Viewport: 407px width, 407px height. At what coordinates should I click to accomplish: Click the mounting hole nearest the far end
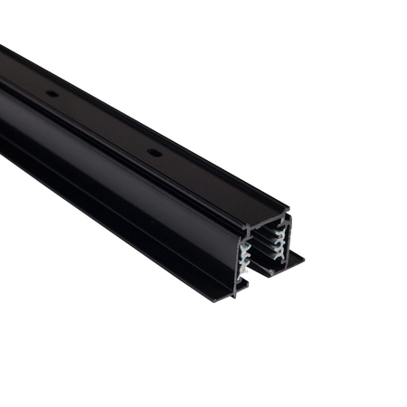[x=52, y=93]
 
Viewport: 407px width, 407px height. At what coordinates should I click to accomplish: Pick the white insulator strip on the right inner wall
[x=281, y=240]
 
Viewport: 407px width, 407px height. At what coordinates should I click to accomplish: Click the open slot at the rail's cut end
[x=263, y=253]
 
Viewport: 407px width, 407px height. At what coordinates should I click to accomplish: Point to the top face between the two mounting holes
[x=104, y=123]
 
